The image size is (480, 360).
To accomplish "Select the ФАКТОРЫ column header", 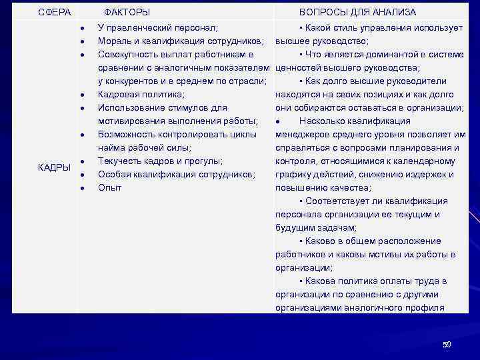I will [x=127, y=13].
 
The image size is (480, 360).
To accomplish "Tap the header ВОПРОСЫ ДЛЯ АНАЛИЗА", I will [x=357, y=13].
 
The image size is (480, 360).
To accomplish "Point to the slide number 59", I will [x=447, y=345].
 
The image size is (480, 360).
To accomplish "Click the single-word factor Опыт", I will [x=110, y=188].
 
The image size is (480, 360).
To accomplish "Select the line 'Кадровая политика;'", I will [x=141, y=95].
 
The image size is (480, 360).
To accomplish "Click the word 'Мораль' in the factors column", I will [x=114, y=41].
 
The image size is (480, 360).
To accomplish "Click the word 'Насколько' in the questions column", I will [x=321, y=121].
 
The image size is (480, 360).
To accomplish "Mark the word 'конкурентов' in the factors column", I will [x=131, y=81].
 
